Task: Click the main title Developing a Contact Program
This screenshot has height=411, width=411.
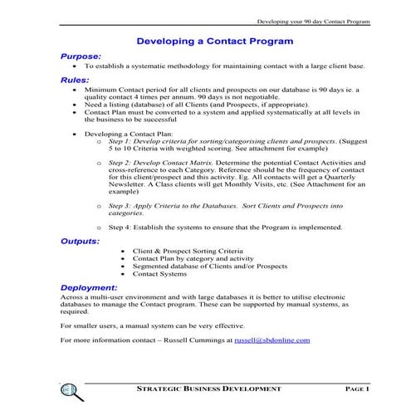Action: pyautogui.click(x=214, y=40)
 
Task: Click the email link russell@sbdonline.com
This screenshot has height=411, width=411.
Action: pyautogui.click(x=272, y=340)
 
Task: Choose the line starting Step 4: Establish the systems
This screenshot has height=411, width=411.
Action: pyautogui.click(x=224, y=227)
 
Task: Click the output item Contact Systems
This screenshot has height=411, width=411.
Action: pyautogui.click(x=160, y=273)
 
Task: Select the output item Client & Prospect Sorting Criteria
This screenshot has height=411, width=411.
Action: pyautogui.click(x=188, y=250)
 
